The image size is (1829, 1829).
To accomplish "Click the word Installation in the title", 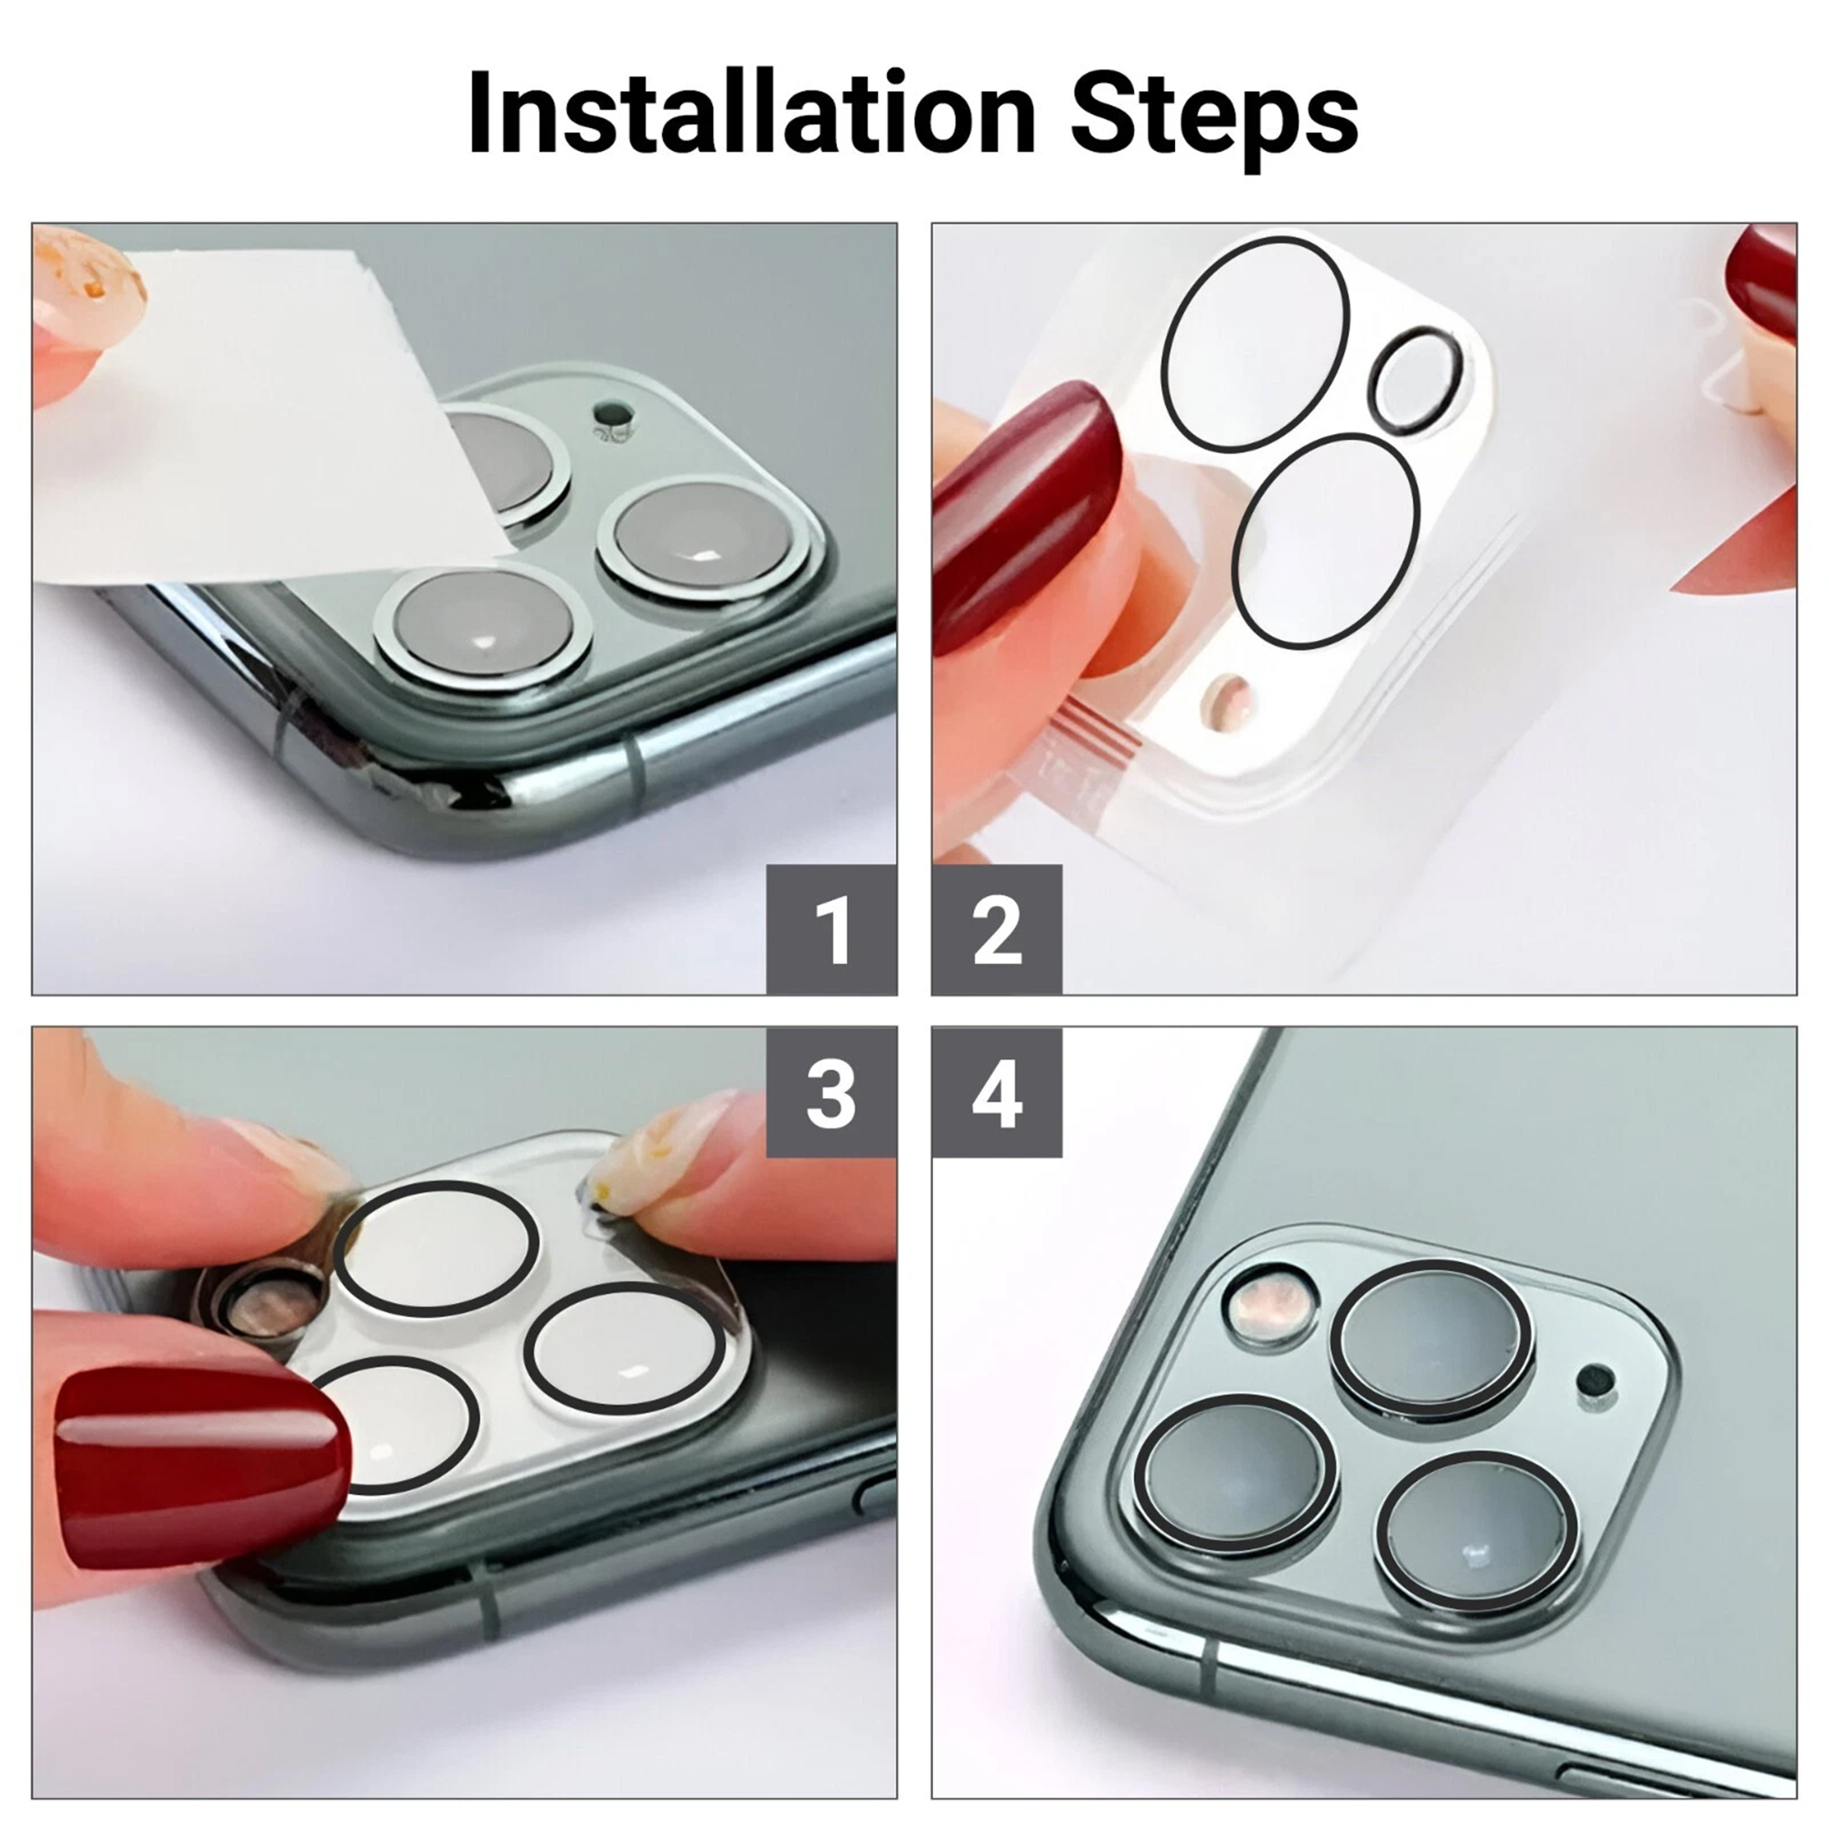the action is point(752,112).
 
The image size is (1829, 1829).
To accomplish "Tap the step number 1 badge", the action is point(831,930).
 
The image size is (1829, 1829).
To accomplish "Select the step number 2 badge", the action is point(997,930).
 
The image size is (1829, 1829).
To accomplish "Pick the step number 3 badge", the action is point(831,1093).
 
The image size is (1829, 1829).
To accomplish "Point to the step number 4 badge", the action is point(997,1093).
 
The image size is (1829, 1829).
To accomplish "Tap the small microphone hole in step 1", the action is point(614,413).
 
